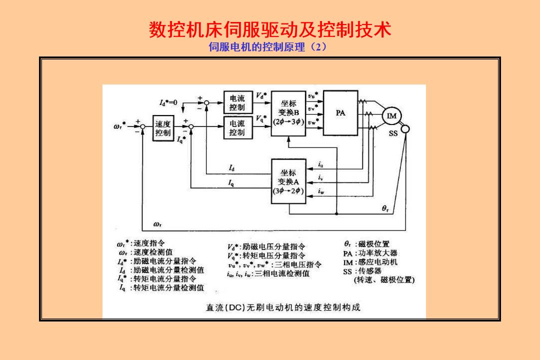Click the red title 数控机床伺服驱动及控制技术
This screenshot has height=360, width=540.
click(x=269, y=30)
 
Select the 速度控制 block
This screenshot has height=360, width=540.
click(x=162, y=128)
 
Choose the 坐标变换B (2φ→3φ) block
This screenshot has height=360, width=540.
click(x=288, y=113)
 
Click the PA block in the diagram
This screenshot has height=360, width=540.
click(x=340, y=113)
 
